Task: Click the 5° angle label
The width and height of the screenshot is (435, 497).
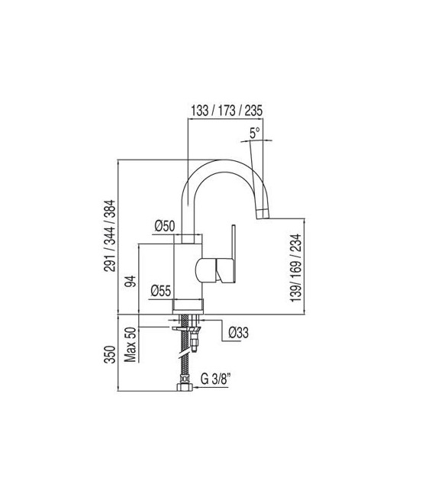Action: point(255,132)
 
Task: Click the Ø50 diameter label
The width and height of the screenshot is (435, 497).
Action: point(165,225)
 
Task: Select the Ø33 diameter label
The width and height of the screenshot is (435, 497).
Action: point(240,332)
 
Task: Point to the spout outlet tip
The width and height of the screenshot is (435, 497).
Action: point(263,209)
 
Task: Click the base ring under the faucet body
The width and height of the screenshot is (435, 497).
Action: point(188,305)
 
